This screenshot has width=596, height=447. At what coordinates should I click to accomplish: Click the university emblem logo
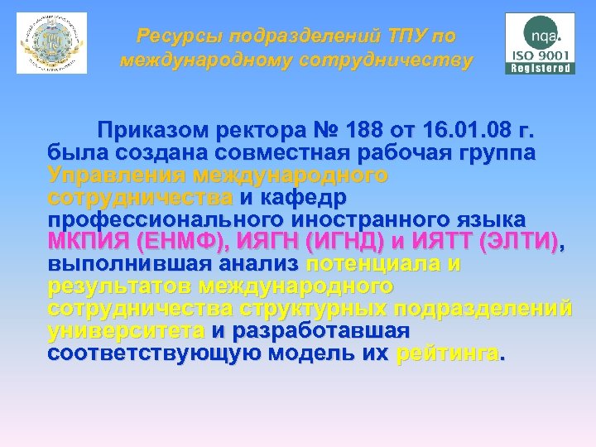pos(51,43)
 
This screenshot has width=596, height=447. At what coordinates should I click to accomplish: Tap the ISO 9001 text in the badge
pos(541,55)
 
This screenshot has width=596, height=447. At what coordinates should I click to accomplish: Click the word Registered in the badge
pos(541,69)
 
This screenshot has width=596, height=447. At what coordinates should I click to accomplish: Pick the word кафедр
pos(302,198)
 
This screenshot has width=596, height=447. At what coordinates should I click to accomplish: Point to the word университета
pos(127,331)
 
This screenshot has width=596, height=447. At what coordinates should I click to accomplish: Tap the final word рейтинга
pos(449,353)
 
